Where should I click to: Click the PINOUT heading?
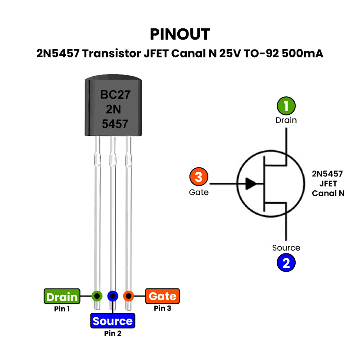point(180,34)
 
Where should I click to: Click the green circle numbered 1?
point(286,106)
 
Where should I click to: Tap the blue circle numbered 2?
point(286,262)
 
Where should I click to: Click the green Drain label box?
point(62,297)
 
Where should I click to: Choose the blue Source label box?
point(112,321)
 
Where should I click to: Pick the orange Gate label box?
point(162,297)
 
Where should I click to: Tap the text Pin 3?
point(162,308)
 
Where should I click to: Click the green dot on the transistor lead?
point(97,296)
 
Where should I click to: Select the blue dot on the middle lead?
point(112,296)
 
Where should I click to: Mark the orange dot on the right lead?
point(129,296)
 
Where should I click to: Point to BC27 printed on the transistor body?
point(114,95)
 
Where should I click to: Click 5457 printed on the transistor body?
point(115,124)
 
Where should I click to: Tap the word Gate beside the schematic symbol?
point(199,192)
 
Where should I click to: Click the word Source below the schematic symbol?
point(286,248)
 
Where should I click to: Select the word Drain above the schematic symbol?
point(286,120)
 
